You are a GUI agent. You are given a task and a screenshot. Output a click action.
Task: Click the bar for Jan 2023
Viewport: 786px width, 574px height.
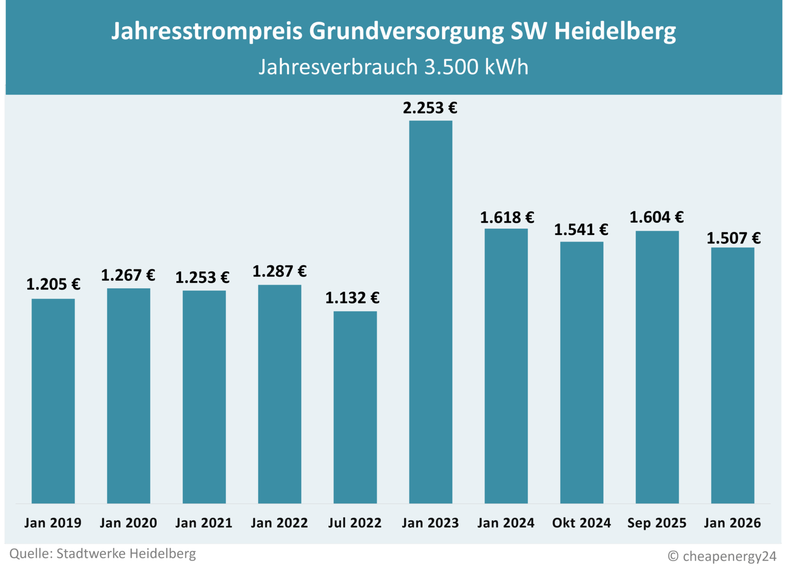coord(430,312)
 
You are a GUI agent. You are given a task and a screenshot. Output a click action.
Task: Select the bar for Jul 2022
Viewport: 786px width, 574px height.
coord(355,407)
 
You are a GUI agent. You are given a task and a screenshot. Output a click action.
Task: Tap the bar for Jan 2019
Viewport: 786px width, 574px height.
coord(53,401)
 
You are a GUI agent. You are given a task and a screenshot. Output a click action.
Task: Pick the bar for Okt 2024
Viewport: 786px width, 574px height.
coord(581,372)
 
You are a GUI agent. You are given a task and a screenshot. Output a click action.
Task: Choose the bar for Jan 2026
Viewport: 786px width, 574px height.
coord(732,375)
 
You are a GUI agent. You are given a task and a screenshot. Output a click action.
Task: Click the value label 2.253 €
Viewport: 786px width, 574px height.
coord(430,108)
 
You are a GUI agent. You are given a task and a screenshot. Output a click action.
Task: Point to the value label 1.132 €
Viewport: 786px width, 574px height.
coord(352,298)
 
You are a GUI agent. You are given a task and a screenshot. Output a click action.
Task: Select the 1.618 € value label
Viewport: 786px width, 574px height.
coord(507,218)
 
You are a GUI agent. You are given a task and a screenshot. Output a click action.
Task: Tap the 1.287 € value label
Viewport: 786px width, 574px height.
coord(279,271)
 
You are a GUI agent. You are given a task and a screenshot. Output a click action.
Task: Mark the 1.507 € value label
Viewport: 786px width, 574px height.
coord(733,238)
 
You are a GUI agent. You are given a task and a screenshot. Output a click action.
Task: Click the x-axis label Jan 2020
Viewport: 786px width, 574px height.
coord(128,523)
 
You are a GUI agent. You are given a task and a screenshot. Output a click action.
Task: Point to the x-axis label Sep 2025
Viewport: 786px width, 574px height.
coord(657,523)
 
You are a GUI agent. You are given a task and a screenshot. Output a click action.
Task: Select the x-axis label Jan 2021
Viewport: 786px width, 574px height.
coord(204,523)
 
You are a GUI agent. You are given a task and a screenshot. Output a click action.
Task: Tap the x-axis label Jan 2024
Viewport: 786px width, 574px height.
coord(506,523)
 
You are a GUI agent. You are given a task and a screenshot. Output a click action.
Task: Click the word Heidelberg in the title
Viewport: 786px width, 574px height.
coord(615,31)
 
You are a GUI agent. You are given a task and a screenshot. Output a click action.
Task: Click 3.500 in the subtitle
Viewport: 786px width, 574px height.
coord(451,67)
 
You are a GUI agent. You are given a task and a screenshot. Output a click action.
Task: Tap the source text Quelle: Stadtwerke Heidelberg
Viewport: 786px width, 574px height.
coord(102,554)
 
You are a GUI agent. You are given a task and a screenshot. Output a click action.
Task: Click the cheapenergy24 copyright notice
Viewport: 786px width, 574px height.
coord(722,556)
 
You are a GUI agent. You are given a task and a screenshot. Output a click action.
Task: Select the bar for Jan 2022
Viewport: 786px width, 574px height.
coord(279,394)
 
